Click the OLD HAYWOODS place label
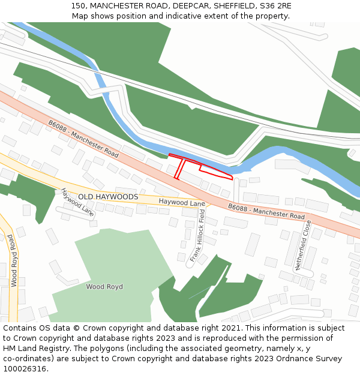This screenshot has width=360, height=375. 108,197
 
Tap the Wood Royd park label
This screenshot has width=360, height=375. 104,287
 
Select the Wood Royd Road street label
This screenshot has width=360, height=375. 13,260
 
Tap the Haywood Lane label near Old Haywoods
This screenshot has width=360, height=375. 181,203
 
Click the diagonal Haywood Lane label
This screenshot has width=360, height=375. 77,202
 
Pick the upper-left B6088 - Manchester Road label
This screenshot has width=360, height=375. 83,139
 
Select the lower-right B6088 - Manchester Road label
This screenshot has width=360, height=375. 266,211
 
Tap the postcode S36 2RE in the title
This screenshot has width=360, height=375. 275,5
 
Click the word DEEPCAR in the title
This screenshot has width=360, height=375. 191,5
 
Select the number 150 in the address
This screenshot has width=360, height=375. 78,5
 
